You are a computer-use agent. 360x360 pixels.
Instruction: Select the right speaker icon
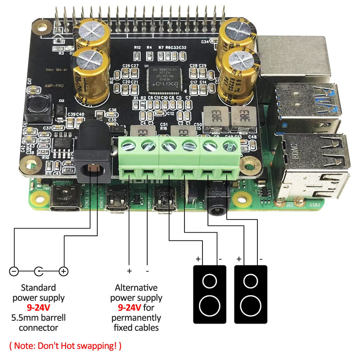250,294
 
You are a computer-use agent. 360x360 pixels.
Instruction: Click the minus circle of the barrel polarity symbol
14,271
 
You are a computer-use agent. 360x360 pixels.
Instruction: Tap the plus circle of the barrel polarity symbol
63,271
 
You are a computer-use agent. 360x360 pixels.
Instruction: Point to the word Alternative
136,288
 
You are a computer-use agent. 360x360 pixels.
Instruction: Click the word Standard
38,288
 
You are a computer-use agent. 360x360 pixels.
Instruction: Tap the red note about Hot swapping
65,346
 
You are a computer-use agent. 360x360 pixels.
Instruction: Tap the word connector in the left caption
38,328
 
